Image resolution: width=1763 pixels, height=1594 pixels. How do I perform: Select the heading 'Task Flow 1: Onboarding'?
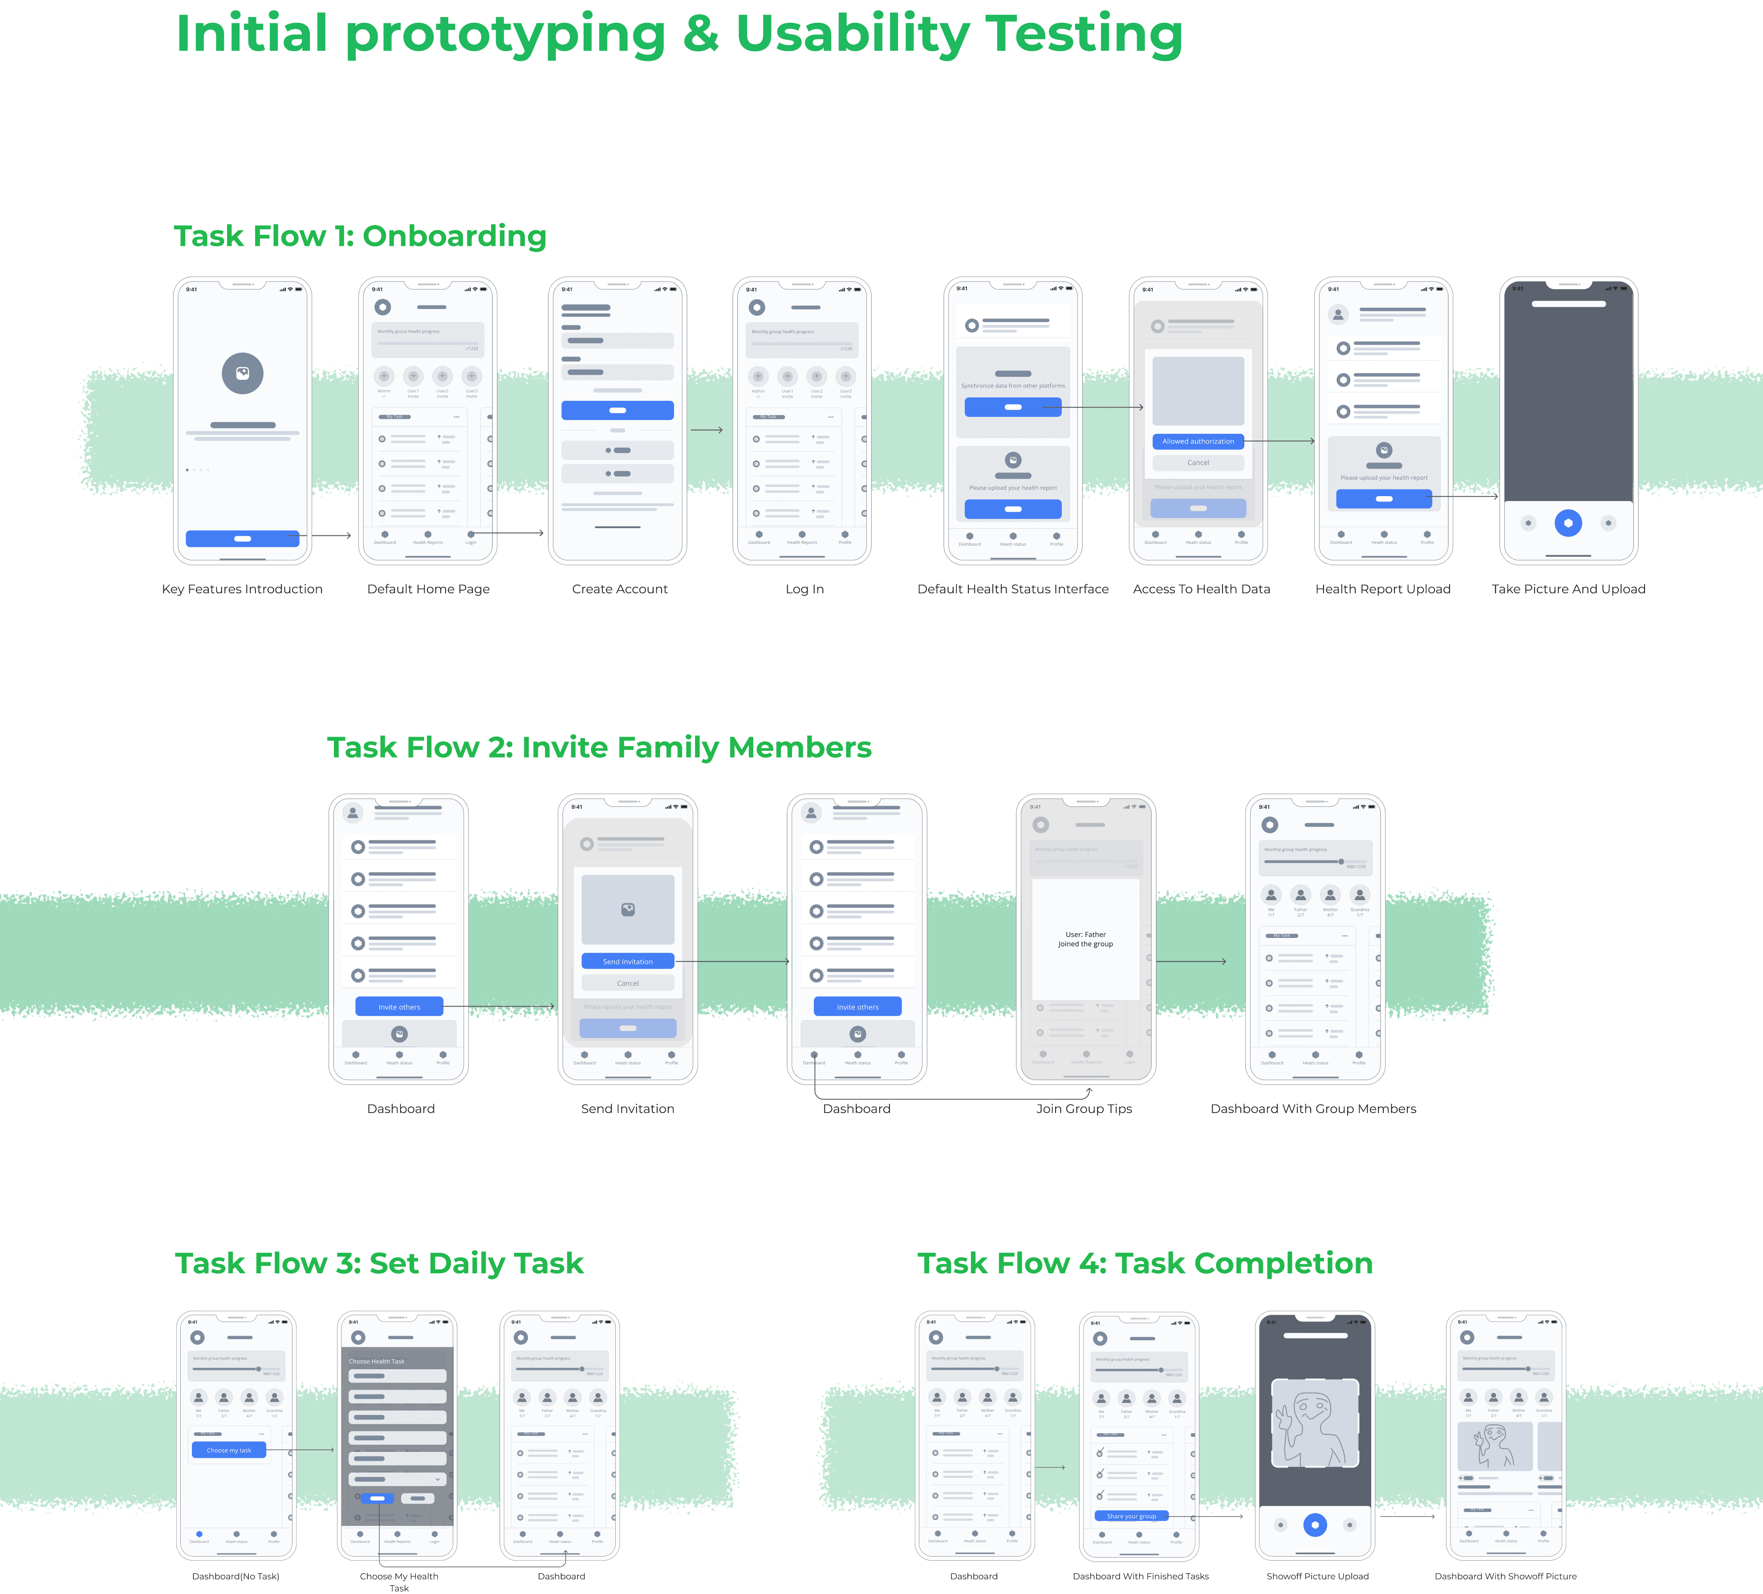click(x=359, y=236)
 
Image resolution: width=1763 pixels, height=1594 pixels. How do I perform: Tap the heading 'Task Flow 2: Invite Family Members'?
click(x=599, y=748)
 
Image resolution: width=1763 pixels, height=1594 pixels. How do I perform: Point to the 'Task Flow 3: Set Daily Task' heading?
click(x=379, y=1263)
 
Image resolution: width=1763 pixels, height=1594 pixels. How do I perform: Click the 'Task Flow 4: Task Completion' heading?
click(x=1145, y=1263)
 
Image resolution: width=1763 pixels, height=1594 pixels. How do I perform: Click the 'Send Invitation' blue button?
click(x=628, y=962)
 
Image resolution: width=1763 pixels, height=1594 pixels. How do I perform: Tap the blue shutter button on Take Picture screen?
click(x=1568, y=523)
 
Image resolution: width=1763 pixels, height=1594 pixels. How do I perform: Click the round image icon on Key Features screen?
click(x=242, y=374)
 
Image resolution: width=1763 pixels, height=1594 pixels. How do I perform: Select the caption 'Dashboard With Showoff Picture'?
click(x=1505, y=1577)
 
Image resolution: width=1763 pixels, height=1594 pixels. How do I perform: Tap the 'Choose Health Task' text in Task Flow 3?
click(x=377, y=1361)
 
